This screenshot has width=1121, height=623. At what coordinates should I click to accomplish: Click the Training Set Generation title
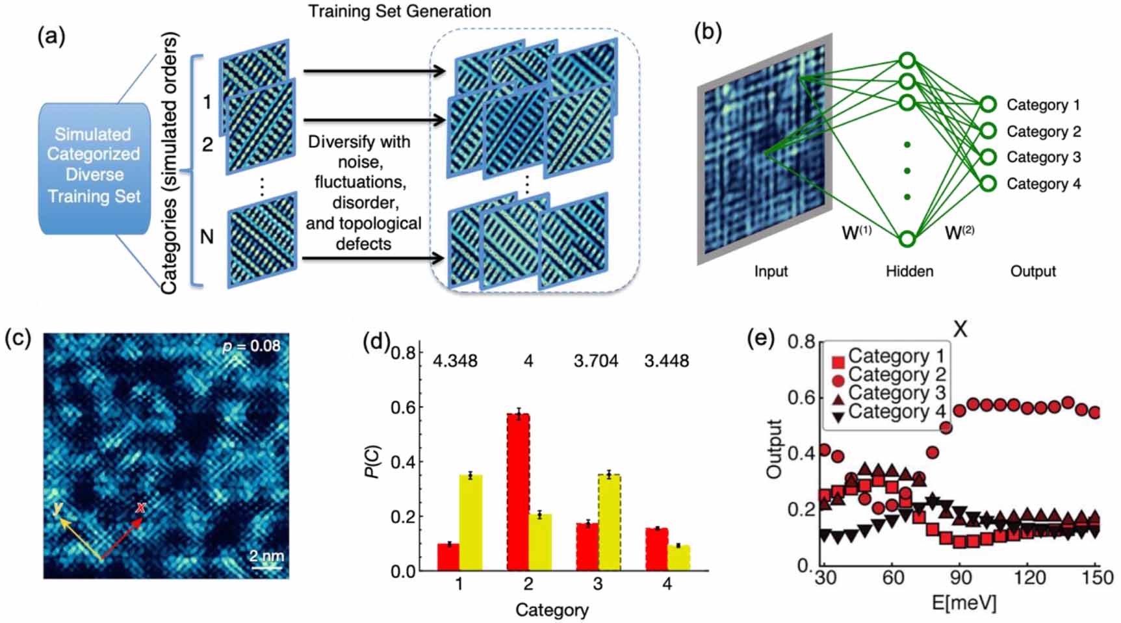(x=399, y=11)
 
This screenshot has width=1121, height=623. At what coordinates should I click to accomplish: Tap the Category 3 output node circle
(x=988, y=157)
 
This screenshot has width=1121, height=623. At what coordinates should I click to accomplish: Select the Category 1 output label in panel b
(x=1042, y=105)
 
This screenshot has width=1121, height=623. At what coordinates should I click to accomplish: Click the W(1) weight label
(x=856, y=232)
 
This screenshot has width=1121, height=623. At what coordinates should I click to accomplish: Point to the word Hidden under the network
(x=909, y=271)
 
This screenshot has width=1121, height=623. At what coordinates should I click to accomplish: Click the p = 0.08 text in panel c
(x=251, y=346)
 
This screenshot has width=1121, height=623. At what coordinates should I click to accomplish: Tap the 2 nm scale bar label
(x=266, y=556)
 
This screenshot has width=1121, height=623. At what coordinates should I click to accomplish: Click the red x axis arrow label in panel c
(x=140, y=507)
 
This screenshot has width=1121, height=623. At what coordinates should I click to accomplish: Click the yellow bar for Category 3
(x=609, y=522)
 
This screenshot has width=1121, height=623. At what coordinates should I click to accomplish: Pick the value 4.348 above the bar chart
(x=455, y=361)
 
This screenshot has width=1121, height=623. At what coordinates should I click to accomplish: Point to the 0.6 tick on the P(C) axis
(x=403, y=407)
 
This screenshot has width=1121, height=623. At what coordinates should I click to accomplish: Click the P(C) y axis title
(x=372, y=461)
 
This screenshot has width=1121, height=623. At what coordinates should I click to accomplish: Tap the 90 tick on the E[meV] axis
(x=960, y=578)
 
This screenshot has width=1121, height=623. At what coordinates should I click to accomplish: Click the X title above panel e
(x=960, y=329)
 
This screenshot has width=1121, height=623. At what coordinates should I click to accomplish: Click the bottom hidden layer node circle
(x=908, y=238)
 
